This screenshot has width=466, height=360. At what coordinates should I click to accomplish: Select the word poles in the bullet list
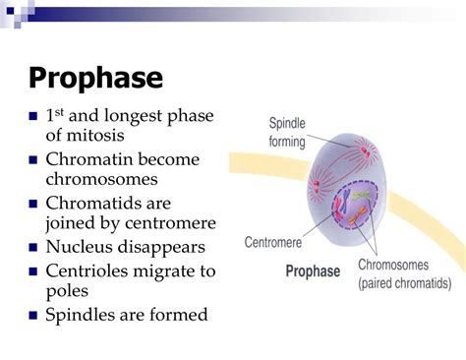[x=67, y=291]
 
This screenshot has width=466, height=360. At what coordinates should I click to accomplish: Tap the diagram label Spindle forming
[x=292, y=132]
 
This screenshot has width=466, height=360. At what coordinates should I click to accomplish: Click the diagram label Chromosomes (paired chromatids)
[x=405, y=274]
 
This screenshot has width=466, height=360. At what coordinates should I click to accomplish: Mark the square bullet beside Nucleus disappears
[x=33, y=247]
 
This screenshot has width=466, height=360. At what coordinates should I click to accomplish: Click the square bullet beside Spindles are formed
[x=33, y=316]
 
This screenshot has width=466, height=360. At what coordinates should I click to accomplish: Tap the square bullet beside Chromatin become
[x=33, y=160]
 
